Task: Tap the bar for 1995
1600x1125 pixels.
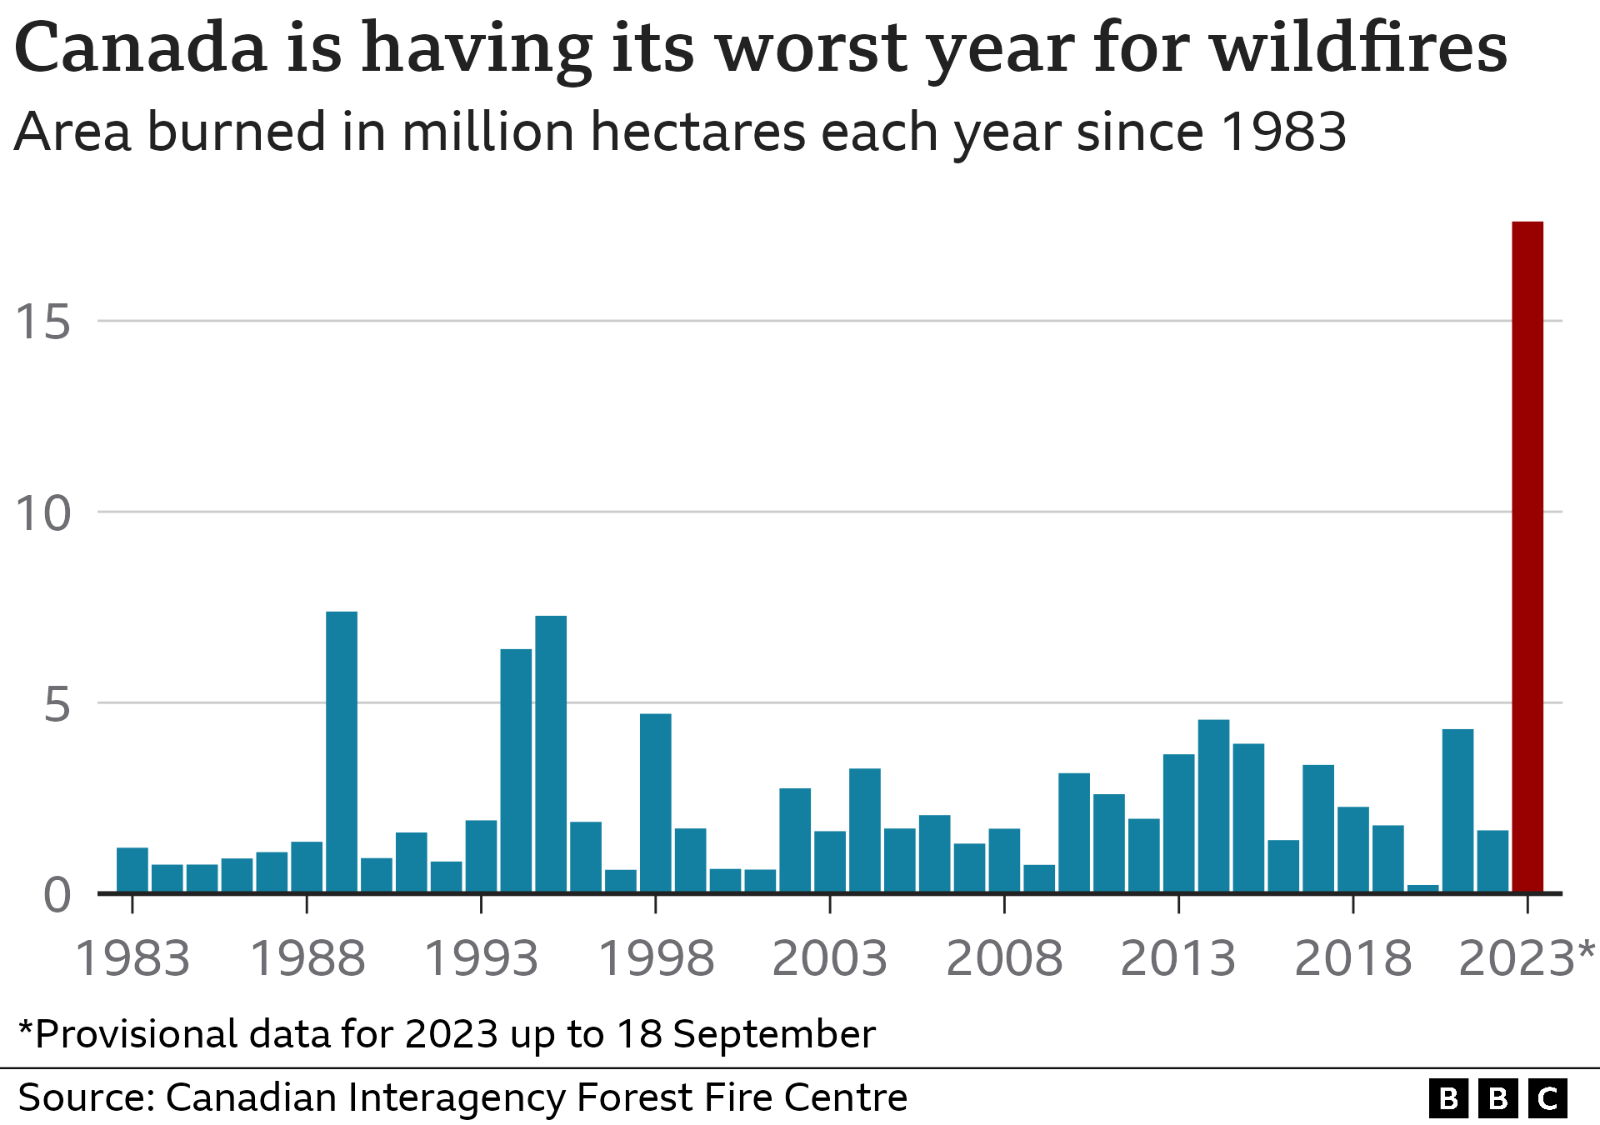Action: (x=551, y=754)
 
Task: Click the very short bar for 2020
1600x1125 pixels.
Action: (x=1422, y=888)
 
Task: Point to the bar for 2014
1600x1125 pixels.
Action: (x=1213, y=805)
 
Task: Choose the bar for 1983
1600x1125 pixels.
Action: (x=132, y=870)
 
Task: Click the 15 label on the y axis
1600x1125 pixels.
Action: (x=43, y=322)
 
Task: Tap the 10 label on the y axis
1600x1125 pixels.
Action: (x=43, y=513)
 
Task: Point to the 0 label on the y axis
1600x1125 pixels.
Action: (x=57, y=897)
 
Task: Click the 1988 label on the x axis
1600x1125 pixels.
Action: (x=307, y=958)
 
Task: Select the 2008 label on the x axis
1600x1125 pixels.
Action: (x=1004, y=958)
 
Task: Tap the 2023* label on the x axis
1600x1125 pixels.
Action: (x=1526, y=958)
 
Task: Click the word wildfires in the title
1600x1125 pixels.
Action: (x=1358, y=48)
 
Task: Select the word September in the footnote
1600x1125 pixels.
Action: (x=774, y=1034)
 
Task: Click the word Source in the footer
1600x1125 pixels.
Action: (x=85, y=1097)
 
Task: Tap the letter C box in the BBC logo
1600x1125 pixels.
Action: (x=1547, y=1098)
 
